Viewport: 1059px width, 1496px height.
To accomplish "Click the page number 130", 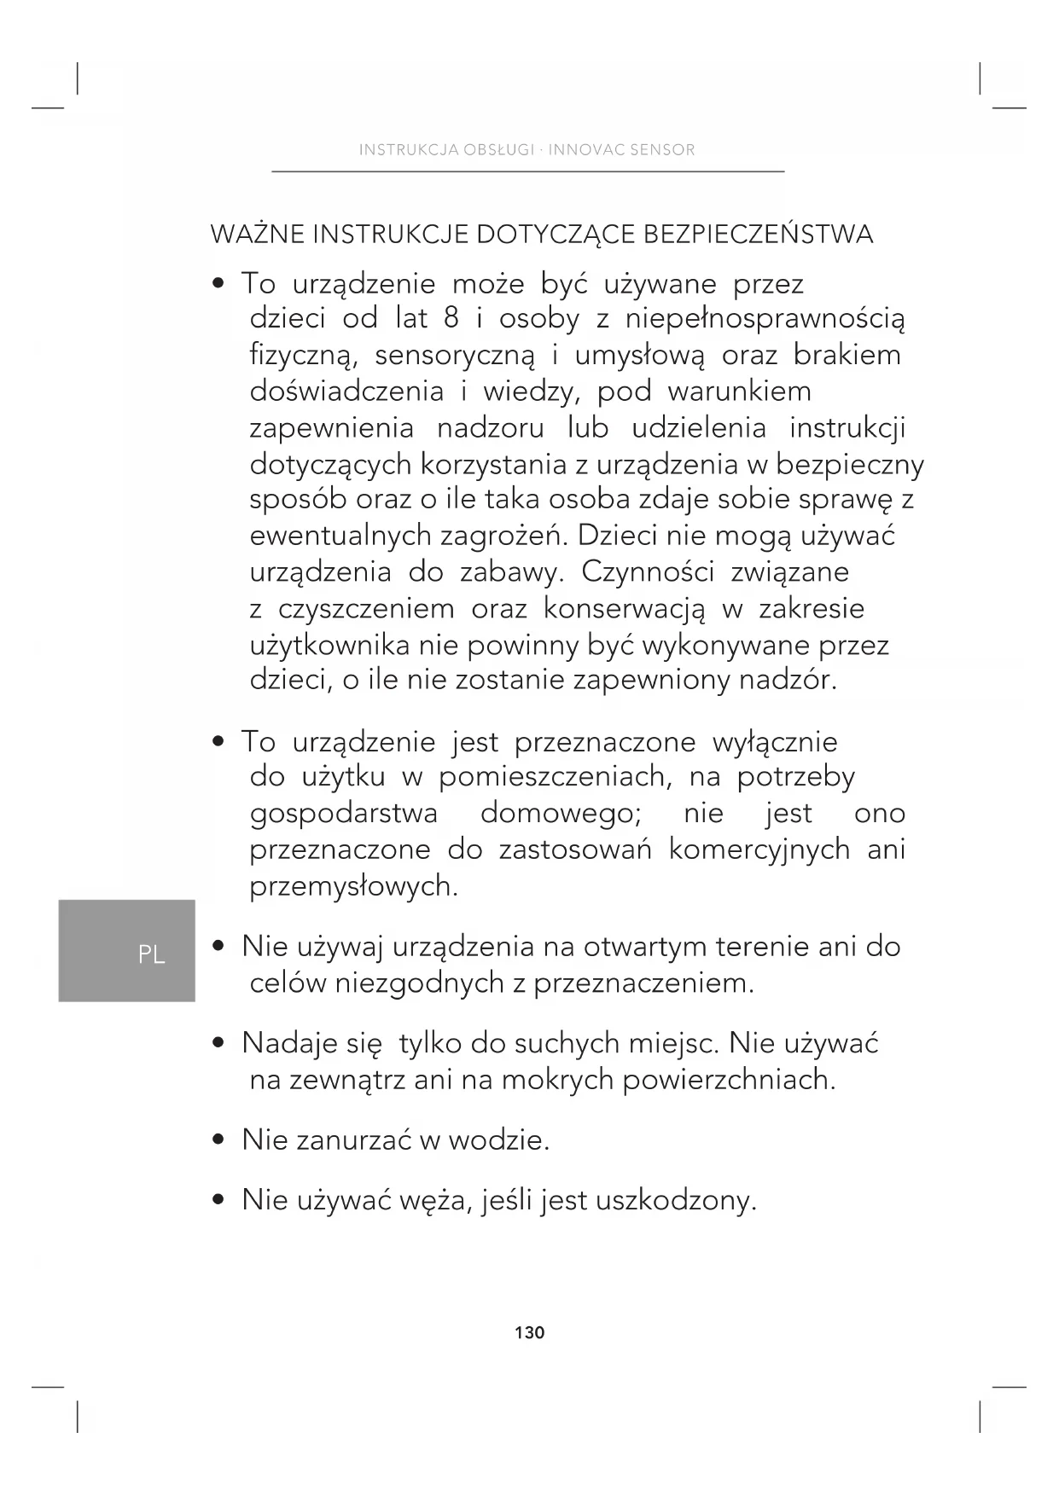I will [529, 1332].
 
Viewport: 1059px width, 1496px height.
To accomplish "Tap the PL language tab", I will [151, 954].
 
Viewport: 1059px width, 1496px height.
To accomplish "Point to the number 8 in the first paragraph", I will [451, 319].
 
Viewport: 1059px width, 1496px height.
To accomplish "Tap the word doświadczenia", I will [346, 391].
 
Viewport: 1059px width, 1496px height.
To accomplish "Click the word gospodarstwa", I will [344, 814].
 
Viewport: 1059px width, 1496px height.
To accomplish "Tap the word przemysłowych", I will [353, 887].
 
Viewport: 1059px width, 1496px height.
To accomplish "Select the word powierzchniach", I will [729, 1080].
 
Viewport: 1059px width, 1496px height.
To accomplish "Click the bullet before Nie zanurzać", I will [219, 1139].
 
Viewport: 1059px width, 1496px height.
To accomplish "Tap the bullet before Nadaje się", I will [219, 1043].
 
